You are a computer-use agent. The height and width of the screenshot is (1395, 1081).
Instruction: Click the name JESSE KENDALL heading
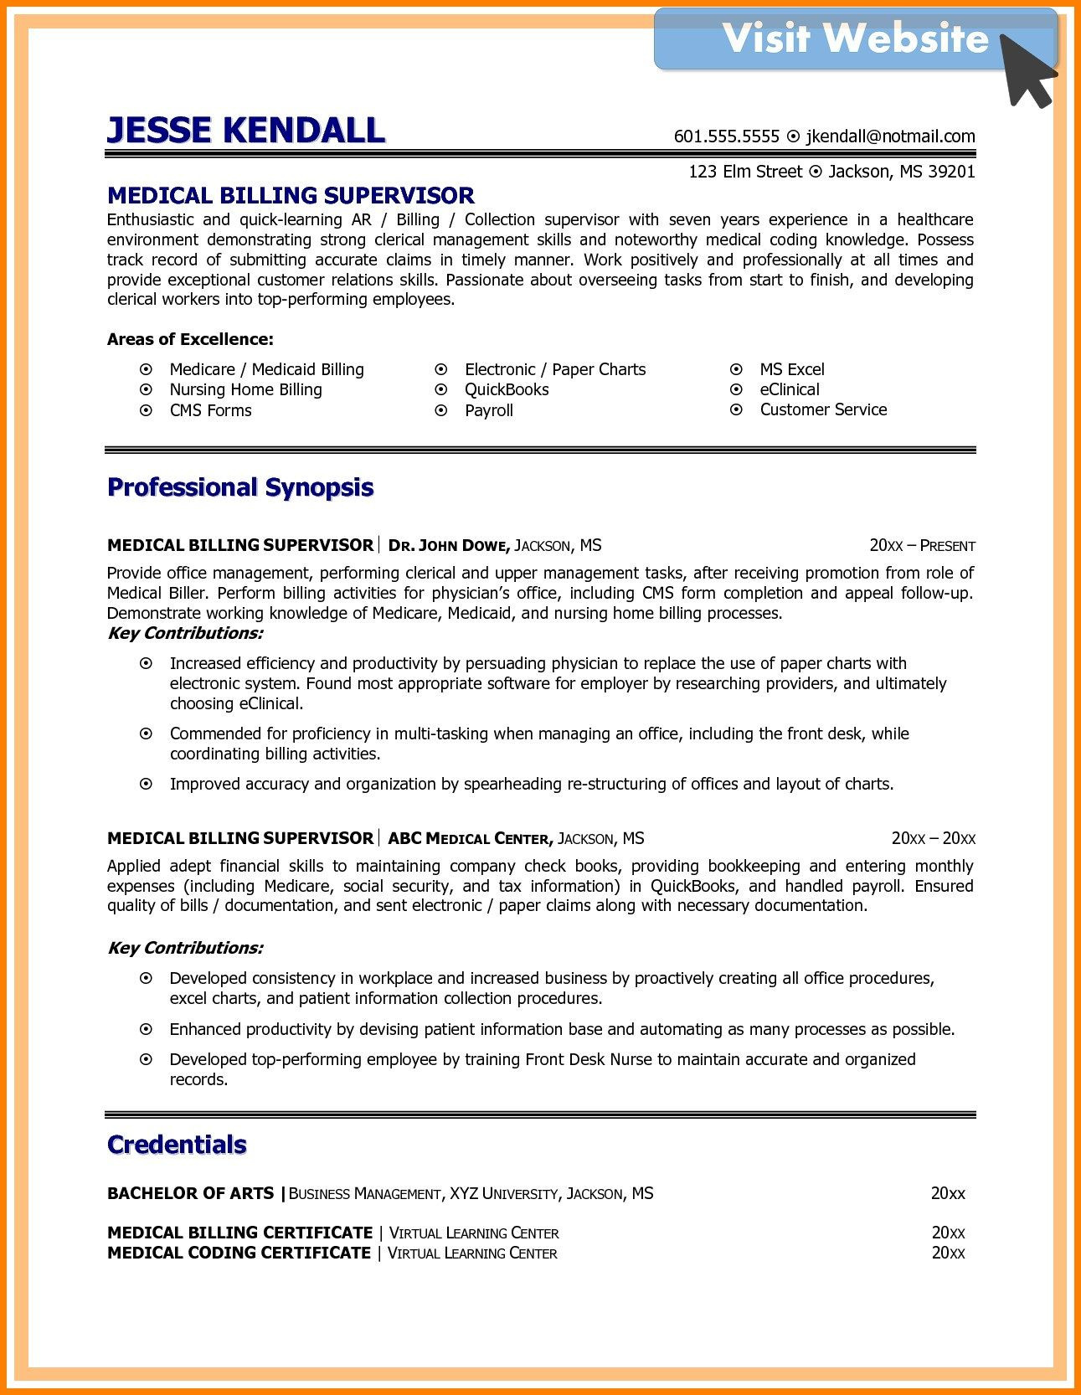point(245,131)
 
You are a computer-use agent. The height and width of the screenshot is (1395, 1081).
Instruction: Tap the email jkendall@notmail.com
point(890,136)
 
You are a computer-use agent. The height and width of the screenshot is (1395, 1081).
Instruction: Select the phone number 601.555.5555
point(726,136)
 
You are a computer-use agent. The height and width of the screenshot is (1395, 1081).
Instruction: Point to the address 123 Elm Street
point(745,172)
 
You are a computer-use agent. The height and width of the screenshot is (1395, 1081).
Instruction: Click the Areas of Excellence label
point(190,339)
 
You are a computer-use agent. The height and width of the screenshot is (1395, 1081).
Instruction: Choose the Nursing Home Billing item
point(245,389)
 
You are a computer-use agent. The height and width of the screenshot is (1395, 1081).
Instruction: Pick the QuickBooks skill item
point(507,389)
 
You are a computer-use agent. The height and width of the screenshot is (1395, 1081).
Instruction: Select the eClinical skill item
point(790,389)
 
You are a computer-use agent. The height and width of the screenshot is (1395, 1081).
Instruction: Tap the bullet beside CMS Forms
point(146,410)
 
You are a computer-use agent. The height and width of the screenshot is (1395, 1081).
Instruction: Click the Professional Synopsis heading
point(240,487)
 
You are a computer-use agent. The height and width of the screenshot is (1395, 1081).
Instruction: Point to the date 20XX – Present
point(922,546)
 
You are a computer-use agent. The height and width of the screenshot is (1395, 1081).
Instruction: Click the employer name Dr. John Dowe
point(449,546)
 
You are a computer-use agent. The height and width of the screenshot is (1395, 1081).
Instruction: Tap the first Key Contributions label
point(185,633)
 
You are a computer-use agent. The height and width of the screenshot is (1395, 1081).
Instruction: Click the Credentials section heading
point(177,1145)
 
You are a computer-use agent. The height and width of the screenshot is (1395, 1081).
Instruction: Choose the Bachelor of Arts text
point(190,1193)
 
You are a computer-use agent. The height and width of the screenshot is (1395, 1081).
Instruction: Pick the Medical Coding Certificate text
point(239,1253)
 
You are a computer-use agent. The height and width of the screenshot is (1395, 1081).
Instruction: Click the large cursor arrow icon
point(1027,70)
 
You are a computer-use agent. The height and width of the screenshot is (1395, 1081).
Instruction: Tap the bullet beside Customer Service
point(736,409)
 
